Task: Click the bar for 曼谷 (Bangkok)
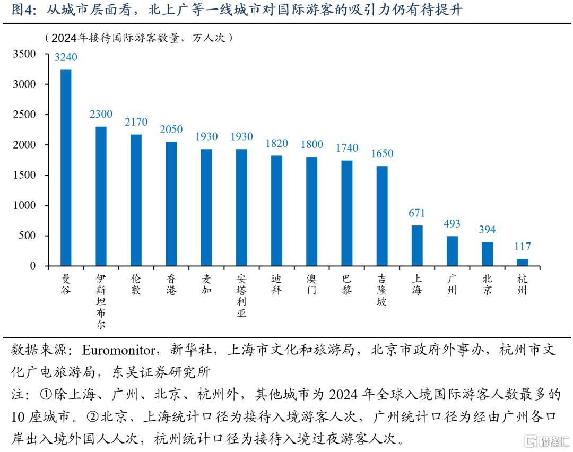click(x=66, y=168)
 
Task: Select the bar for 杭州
click(x=523, y=262)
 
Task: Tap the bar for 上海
click(x=417, y=246)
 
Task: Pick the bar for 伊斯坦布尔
click(x=101, y=196)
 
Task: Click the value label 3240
click(x=66, y=57)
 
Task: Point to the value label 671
click(x=417, y=213)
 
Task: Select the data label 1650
click(x=382, y=154)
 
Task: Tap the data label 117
click(x=523, y=247)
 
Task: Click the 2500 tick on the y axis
click(x=25, y=115)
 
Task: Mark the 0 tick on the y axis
click(x=33, y=266)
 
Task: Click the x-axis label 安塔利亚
click(x=241, y=295)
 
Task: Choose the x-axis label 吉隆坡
click(x=382, y=290)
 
